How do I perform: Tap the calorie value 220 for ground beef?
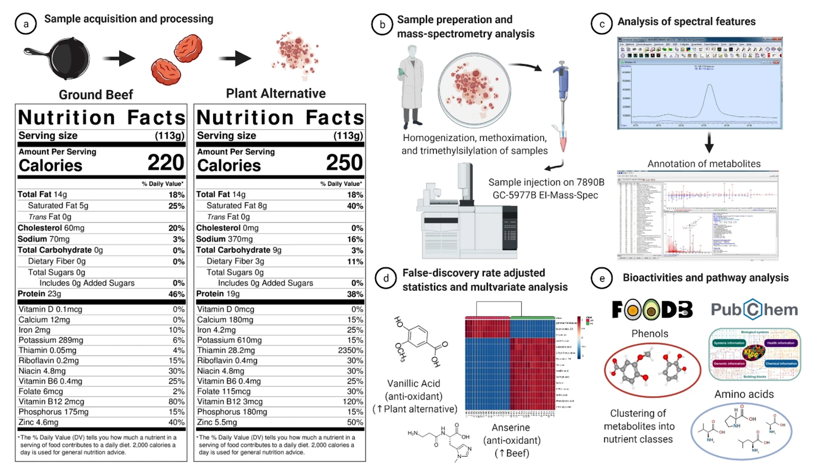(166, 163)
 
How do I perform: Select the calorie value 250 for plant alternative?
(344, 163)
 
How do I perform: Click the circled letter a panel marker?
(26, 24)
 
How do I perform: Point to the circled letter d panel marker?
(385, 278)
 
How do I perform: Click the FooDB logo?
(652, 309)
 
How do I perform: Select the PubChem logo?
(754, 309)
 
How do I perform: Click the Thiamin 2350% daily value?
(351, 350)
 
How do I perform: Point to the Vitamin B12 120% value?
(353, 402)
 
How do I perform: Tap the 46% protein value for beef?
(176, 294)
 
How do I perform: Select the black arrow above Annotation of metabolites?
(709, 143)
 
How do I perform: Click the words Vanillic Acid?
(414, 383)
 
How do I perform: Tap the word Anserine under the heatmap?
(510, 427)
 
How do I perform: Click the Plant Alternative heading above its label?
(276, 93)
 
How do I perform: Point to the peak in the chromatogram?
(709, 88)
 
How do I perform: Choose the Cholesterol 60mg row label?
(51, 228)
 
